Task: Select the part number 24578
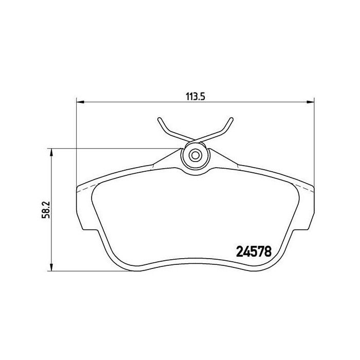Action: coord(253,251)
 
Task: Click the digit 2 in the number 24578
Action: coord(239,251)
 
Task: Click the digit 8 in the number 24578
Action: coord(267,251)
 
